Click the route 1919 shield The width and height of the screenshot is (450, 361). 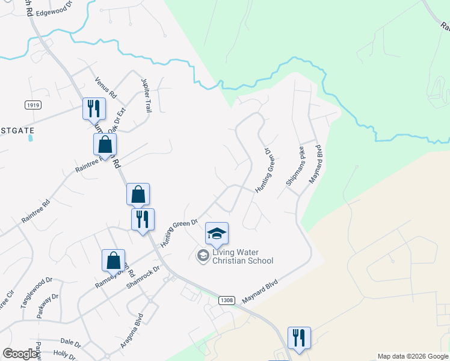[x=33, y=105]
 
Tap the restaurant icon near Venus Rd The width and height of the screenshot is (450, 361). [x=94, y=109]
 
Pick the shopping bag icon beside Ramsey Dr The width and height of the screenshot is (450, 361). [x=113, y=260]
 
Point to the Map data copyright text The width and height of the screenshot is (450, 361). [x=413, y=357]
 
